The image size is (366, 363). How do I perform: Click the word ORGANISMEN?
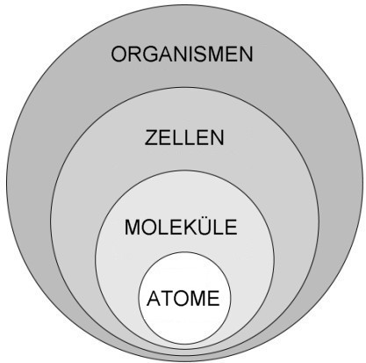(x=182, y=54)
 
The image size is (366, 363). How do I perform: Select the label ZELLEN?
(x=184, y=138)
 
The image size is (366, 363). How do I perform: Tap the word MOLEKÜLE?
(x=181, y=226)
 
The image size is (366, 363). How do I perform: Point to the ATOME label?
(x=183, y=298)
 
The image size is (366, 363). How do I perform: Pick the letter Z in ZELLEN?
(x=151, y=138)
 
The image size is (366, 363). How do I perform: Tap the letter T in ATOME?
(x=167, y=298)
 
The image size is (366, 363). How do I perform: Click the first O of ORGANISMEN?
(x=119, y=54)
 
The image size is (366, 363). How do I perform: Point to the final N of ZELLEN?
(x=218, y=138)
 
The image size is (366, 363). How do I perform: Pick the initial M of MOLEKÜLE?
(x=133, y=227)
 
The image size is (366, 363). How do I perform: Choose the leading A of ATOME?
(x=154, y=298)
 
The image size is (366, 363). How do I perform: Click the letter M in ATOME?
(x=198, y=298)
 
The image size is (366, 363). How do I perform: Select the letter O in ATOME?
(x=182, y=298)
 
